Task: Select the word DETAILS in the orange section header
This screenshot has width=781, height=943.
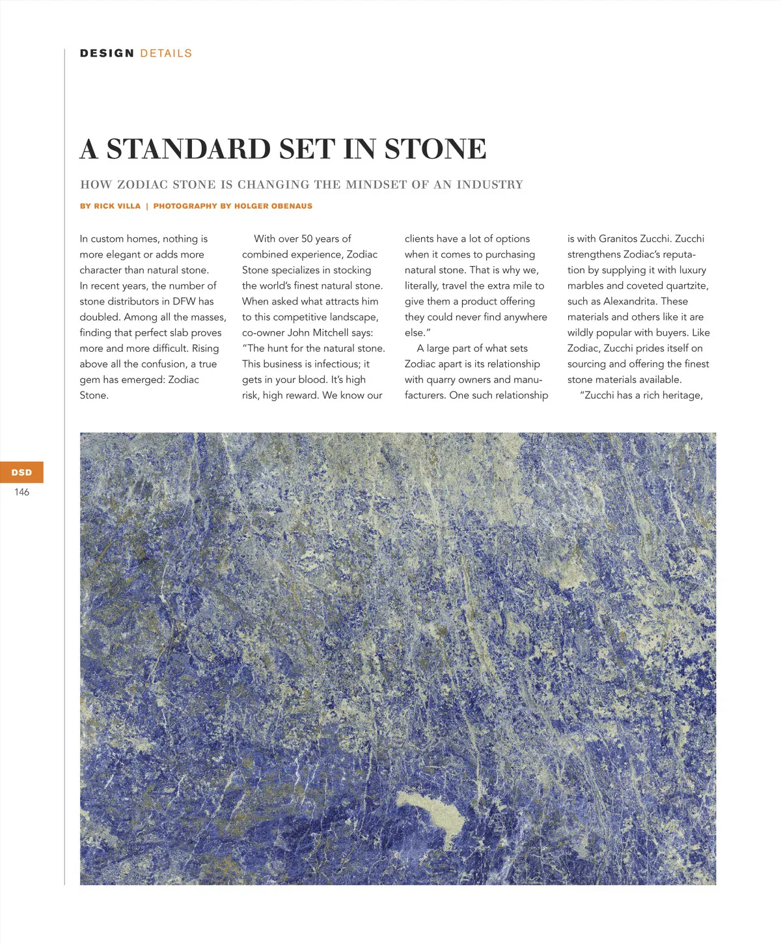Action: [x=166, y=53]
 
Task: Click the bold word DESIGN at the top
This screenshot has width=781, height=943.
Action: [x=107, y=53]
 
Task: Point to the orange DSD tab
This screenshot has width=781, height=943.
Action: [x=21, y=472]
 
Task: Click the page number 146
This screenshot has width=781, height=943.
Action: [x=21, y=492]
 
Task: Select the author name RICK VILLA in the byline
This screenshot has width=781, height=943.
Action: [x=117, y=206]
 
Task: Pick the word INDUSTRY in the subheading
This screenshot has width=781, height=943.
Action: [x=490, y=185]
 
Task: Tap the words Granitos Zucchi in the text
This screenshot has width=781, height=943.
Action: [x=634, y=239]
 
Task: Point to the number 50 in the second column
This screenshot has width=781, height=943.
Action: [x=307, y=239]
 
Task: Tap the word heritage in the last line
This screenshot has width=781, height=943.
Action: [x=682, y=395]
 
